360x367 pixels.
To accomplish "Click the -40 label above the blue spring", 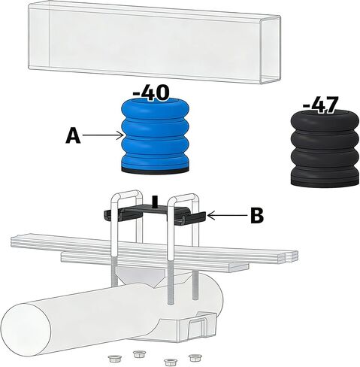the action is coord(150,93).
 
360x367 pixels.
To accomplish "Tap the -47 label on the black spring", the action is coord(320,105).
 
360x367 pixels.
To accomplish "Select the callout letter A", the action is coord(73,135).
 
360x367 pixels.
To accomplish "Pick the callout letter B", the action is coord(257,215).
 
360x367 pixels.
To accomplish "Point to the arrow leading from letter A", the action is coord(103,135).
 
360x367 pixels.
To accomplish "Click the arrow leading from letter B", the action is coord(228,215).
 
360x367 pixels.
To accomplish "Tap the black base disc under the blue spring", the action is coord(155,170).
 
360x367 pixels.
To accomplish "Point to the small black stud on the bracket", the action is coord(155,202).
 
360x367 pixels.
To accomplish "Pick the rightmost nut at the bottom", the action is coord(193,358).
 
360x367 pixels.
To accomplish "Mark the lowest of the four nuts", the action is coord(170,362).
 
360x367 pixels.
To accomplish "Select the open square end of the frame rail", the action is coord(271,50).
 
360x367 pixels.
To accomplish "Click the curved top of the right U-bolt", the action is coord(182,198).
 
